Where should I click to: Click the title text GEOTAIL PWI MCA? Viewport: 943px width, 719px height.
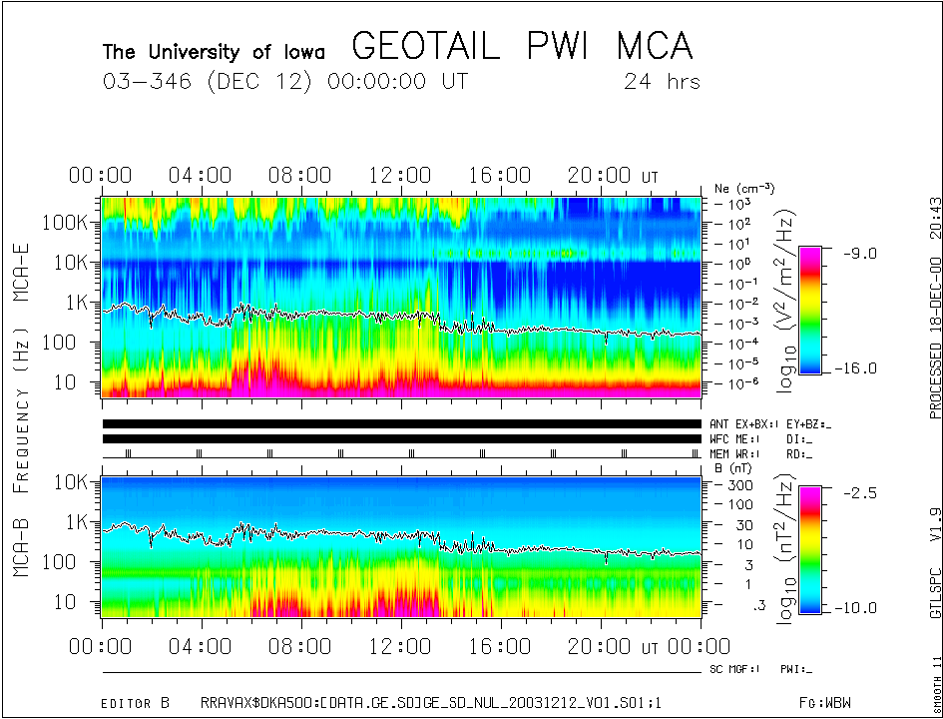pos(522,47)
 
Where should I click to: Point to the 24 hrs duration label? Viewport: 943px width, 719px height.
pos(662,81)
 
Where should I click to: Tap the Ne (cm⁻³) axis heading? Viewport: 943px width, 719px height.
pos(744,188)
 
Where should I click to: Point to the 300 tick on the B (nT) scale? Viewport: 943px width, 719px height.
pos(741,484)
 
